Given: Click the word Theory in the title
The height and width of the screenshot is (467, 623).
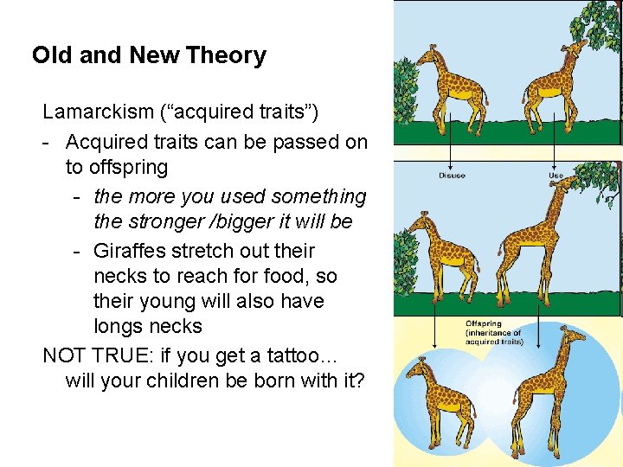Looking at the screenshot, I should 223,56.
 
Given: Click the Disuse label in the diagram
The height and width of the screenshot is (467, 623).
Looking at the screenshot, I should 451,176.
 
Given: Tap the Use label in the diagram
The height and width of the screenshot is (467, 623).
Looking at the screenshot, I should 556,176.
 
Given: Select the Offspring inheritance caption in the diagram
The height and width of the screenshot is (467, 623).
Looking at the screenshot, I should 494,333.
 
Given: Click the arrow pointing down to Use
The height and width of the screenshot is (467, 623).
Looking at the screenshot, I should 555,151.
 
